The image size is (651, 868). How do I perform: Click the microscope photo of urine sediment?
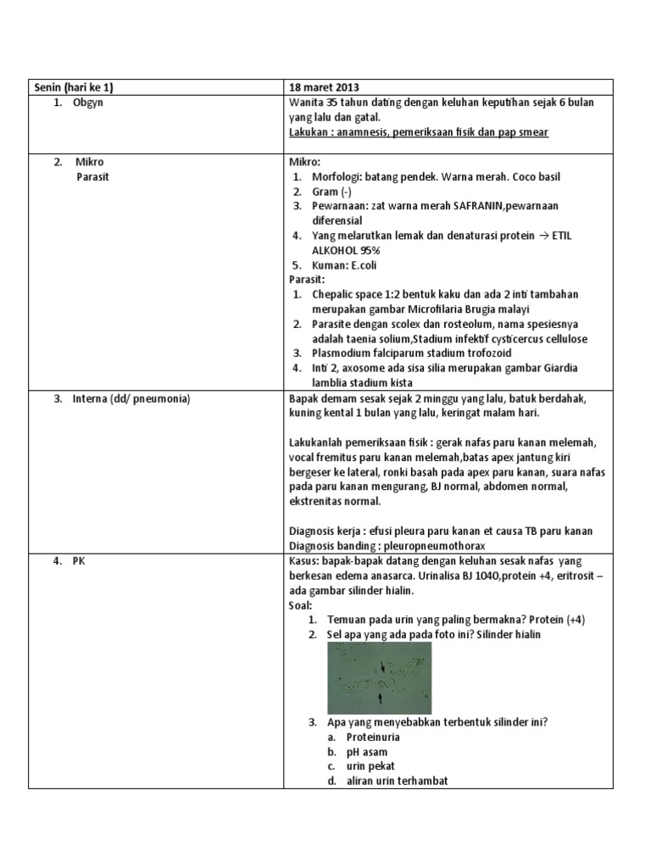(379, 676)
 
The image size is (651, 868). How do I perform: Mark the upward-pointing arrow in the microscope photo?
(380, 697)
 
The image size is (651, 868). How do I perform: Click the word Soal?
(301, 604)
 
